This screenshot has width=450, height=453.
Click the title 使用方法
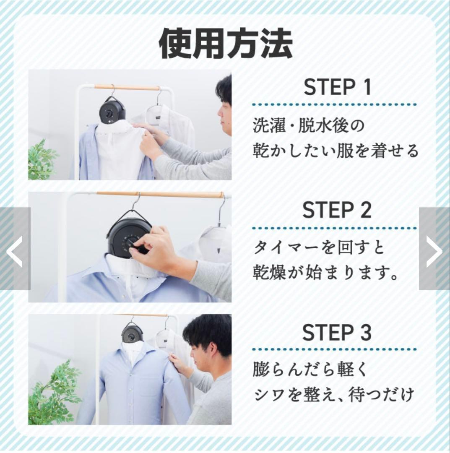pos(226,44)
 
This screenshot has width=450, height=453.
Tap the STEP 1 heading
pos(337,87)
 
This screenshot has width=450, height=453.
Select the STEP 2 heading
pos(337,210)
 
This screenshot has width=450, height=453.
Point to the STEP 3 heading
pos(337,332)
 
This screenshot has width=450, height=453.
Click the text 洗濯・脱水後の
pos(309,125)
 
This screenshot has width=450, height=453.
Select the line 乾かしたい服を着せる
pos(336,151)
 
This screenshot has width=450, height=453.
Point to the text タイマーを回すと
pos(319,247)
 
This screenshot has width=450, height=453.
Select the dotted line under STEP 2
pos(335,229)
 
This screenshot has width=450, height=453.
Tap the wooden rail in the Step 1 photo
pos(126,87)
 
